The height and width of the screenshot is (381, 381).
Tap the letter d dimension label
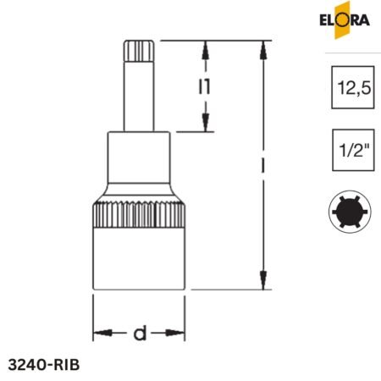pos(139,334)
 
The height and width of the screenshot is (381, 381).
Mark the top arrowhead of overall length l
pos(265,47)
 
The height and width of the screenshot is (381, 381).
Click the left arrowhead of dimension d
pos(98,333)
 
